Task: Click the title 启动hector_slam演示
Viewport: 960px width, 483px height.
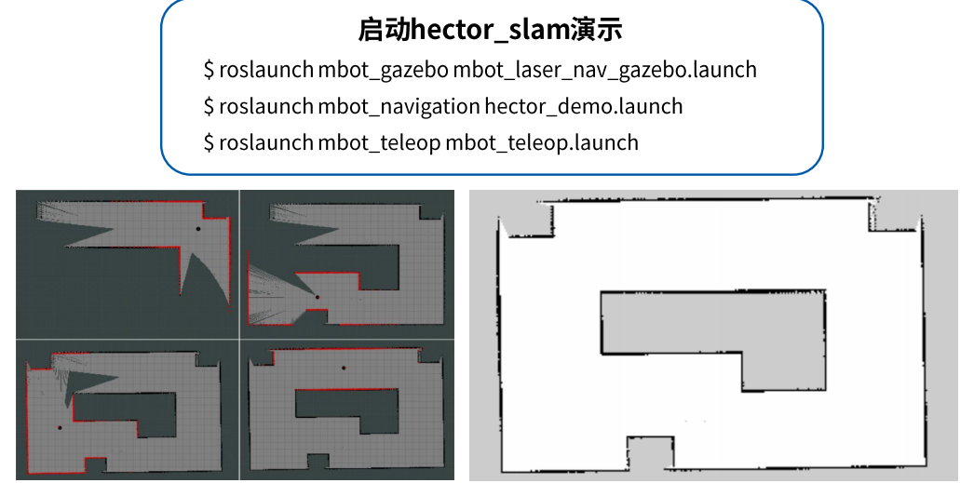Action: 491,30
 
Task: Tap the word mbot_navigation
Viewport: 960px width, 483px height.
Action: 399,106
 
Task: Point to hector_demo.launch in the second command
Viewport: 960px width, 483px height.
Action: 584,106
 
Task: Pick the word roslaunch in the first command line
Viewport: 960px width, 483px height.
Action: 266,70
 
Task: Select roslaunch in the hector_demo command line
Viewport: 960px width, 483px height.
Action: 266,106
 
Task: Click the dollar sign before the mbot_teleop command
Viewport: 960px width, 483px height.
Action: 210,142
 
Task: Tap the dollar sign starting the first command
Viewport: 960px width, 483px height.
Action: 210,70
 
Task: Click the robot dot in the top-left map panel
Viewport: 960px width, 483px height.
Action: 197,228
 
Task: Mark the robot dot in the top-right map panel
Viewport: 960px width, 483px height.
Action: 317,297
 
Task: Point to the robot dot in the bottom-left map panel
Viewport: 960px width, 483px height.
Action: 60,427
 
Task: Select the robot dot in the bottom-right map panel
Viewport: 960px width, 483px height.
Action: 343,369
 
